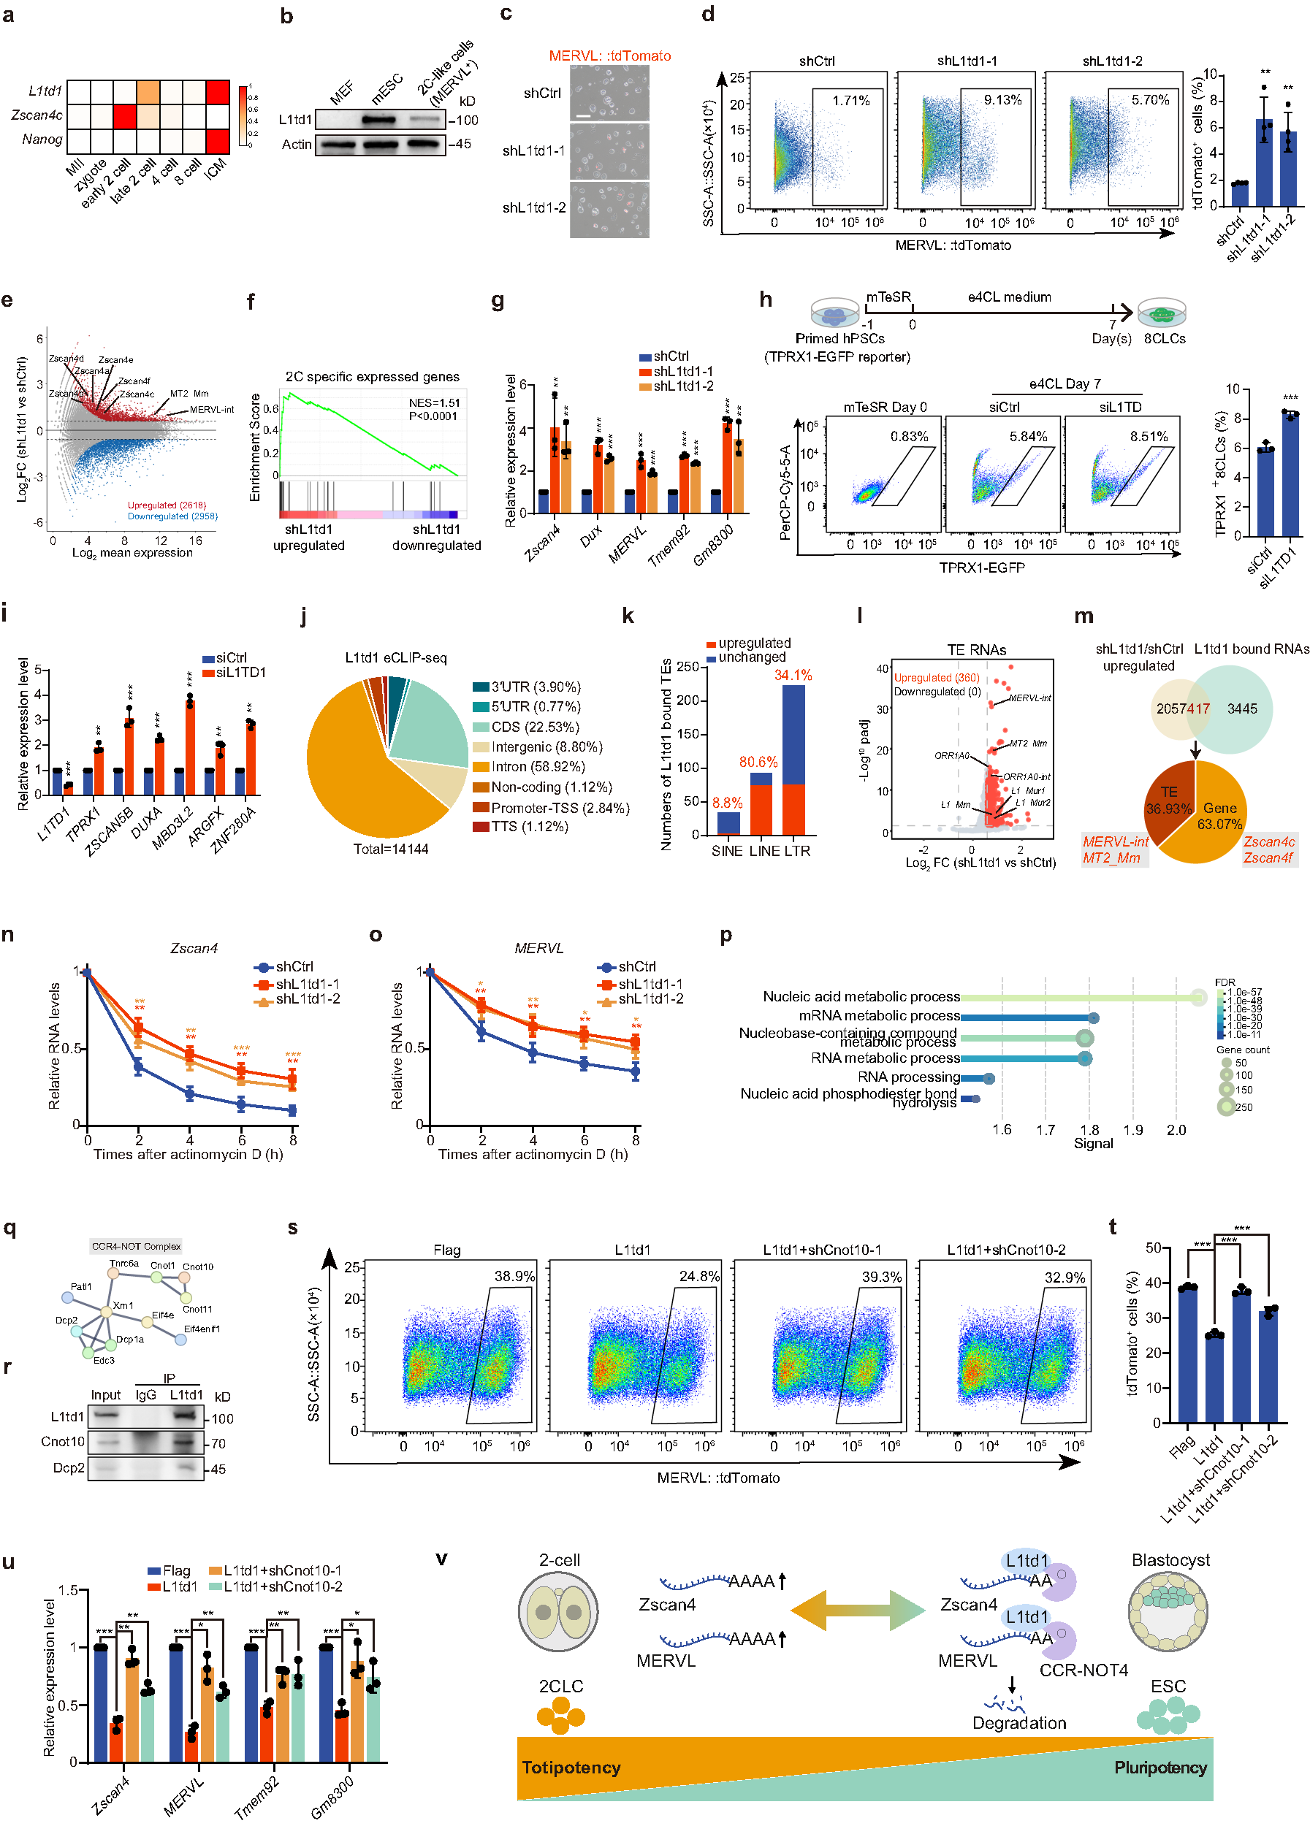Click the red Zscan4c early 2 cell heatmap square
point(124,116)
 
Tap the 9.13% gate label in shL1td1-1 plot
point(1002,100)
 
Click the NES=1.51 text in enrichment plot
point(434,402)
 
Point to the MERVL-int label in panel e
point(212,410)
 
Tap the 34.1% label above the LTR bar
point(792,676)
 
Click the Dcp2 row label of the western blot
point(69,1467)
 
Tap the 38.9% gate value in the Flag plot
point(514,1276)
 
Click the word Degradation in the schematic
point(1018,1722)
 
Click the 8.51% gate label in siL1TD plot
point(1147,436)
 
